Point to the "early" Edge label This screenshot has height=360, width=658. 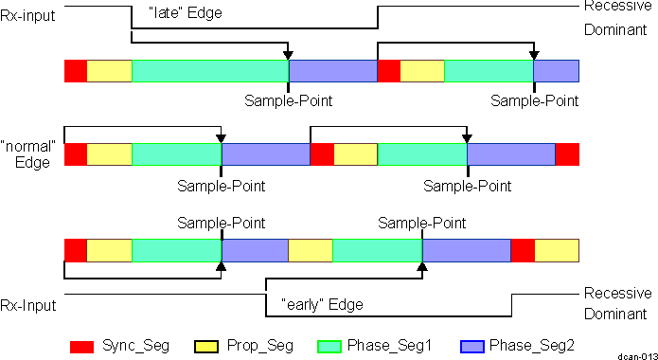[x=323, y=304]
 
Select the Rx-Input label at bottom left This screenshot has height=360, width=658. [x=27, y=305]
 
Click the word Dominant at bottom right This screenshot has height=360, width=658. [x=615, y=314]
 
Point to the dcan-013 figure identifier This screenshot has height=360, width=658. [x=637, y=354]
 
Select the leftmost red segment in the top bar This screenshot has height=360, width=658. [x=76, y=70]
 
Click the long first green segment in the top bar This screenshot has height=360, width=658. [x=209, y=70]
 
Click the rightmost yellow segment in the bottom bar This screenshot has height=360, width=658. [x=557, y=250]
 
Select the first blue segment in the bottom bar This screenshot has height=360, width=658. [x=255, y=250]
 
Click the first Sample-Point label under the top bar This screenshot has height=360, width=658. [x=289, y=99]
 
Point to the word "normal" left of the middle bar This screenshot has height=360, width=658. [x=29, y=148]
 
